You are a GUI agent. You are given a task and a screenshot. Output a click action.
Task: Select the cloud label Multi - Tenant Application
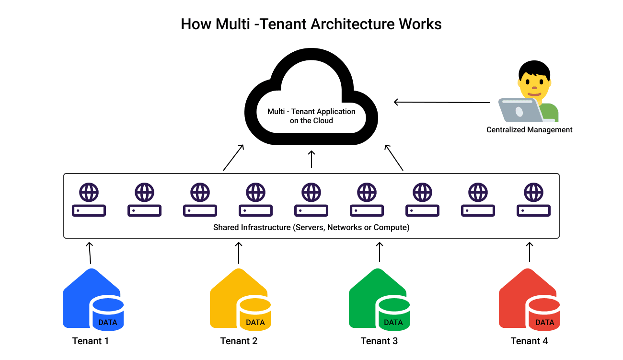pyautogui.click(x=311, y=112)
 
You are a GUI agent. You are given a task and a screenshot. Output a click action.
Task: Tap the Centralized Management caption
pyautogui.click(x=529, y=129)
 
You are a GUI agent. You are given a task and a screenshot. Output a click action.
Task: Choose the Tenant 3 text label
pyautogui.click(x=379, y=341)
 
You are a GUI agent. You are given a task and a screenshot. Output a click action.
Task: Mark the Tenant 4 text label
pyautogui.click(x=529, y=341)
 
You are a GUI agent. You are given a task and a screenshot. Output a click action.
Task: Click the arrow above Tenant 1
pyautogui.click(x=89, y=253)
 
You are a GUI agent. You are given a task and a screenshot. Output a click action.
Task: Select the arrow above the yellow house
pyautogui.click(x=239, y=253)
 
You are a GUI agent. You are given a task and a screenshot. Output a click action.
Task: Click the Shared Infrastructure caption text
pyautogui.click(x=311, y=227)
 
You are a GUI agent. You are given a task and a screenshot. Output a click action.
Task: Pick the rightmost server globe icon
pyautogui.click(x=533, y=193)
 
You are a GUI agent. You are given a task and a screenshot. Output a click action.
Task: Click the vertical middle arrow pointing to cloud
pyautogui.click(x=311, y=159)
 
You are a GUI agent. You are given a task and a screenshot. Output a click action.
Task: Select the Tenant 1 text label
pyautogui.click(x=91, y=341)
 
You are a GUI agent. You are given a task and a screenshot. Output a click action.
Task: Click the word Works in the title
pyautogui.click(x=420, y=24)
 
